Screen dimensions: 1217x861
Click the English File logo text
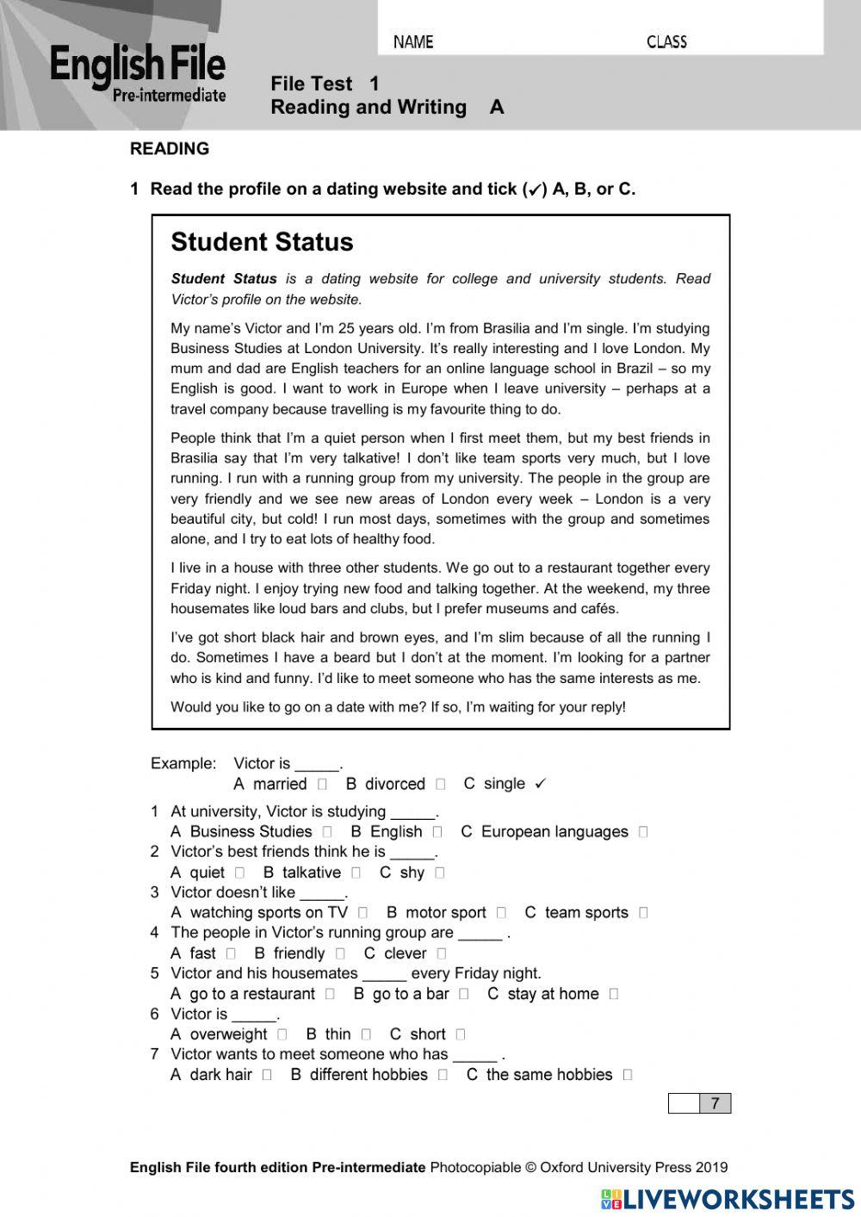click(137, 65)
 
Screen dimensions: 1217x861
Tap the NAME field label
click(413, 41)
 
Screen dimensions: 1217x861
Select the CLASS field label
click(666, 41)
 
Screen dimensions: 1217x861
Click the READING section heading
click(170, 149)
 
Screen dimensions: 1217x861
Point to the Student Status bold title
click(262, 242)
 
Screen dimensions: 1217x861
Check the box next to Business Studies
click(327, 832)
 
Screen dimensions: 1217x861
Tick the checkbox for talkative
click(356, 872)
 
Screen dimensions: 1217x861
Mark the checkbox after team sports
click(643, 913)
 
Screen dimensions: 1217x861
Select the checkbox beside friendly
click(340, 953)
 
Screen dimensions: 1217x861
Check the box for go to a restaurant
click(330, 994)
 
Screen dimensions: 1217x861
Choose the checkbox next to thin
click(366, 1034)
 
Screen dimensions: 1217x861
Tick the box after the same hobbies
click(627, 1075)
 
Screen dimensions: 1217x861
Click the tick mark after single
click(540, 784)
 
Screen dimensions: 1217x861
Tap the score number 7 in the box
click(715, 1103)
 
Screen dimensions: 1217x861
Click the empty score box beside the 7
click(684, 1103)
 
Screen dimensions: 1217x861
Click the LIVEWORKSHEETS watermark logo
click(728, 1199)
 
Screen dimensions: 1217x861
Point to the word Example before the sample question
click(183, 763)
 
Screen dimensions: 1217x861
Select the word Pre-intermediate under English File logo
click(169, 96)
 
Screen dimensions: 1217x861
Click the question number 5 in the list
click(155, 973)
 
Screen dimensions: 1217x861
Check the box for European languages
click(643, 832)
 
